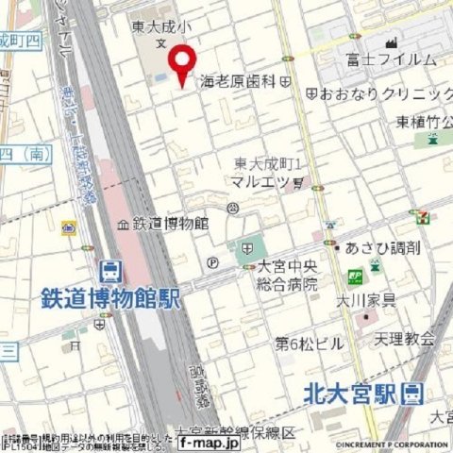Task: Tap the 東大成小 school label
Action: click(x=161, y=27)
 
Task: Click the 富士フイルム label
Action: click(x=392, y=59)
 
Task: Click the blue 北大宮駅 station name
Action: click(x=349, y=394)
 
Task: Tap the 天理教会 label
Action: click(x=405, y=337)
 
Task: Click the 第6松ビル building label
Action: click(x=309, y=344)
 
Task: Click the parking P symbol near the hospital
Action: click(x=213, y=263)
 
